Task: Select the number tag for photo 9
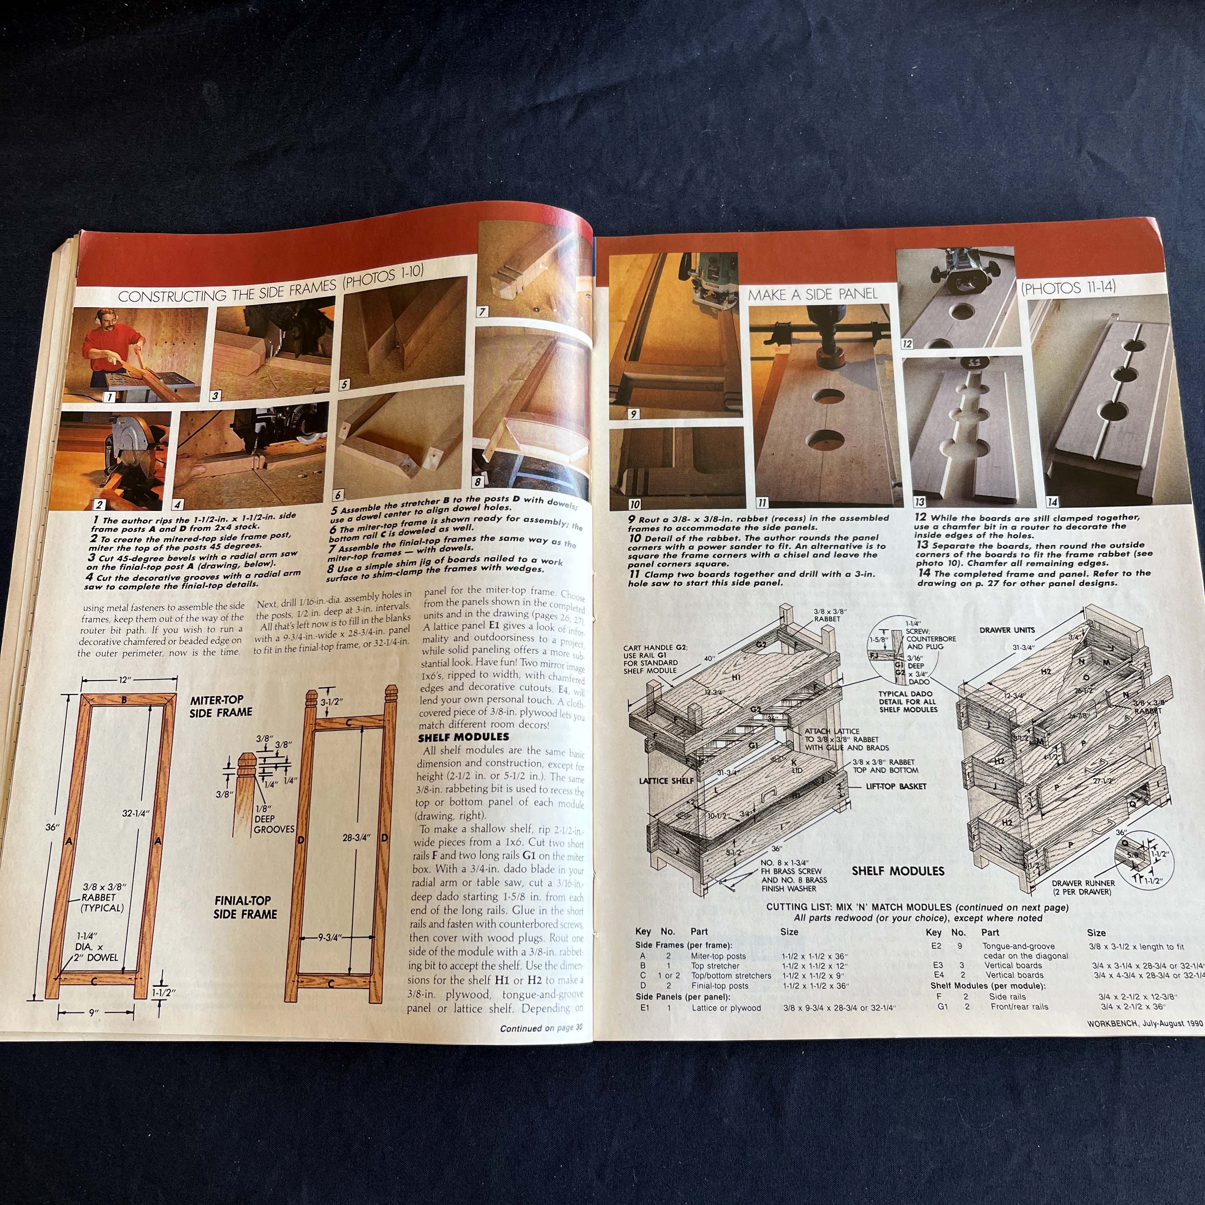coord(633,413)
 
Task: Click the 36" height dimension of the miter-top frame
coord(52,827)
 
